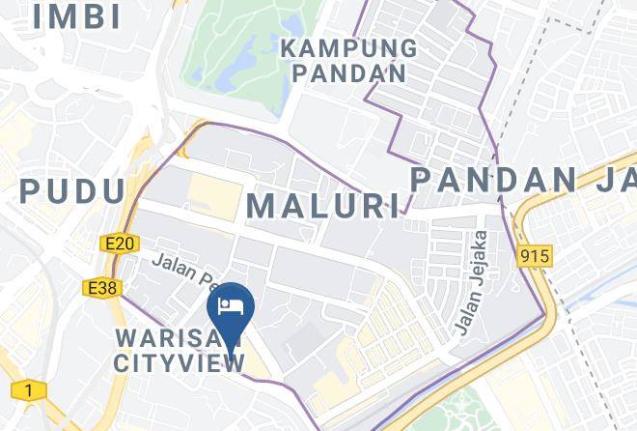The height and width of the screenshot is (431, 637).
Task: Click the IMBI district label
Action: tap(76, 15)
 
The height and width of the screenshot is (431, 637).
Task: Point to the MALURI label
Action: tap(322, 205)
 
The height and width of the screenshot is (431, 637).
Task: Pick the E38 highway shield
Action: tap(100, 287)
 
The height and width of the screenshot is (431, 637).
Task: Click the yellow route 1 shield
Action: tap(29, 390)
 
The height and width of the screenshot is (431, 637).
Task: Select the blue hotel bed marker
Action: tap(231, 307)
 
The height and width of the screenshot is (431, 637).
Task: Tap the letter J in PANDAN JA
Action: tap(605, 181)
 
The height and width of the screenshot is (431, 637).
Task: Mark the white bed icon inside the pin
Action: tap(231, 304)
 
